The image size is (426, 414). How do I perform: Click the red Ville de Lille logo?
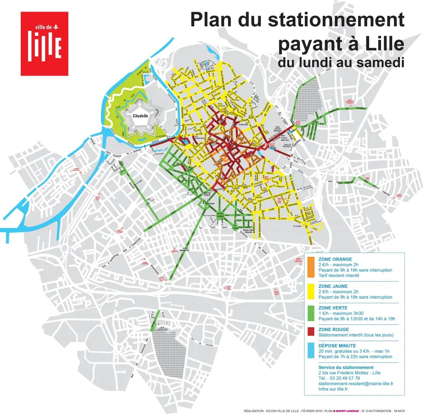[45, 43]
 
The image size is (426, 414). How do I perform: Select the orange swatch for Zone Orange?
[311, 267]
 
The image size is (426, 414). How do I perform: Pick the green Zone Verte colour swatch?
[311, 314]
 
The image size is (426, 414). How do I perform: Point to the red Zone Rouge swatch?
[311, 332]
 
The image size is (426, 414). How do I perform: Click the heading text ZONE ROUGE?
[332, 329]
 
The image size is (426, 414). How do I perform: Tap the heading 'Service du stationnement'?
[345, 367]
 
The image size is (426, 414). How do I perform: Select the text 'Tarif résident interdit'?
[340, 275]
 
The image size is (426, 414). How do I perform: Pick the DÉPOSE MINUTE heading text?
[337, 346]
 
